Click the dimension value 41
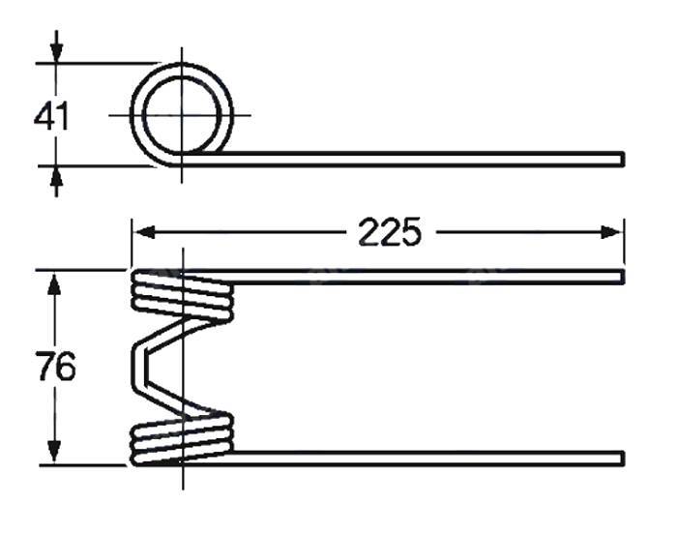pos(51,117)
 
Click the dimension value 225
pos(390,232)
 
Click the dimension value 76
pos(56,367)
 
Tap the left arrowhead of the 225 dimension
pos(145,232)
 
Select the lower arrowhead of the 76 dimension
pos(54,452)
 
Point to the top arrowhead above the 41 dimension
pos(56,52)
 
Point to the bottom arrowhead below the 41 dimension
pos(56,176)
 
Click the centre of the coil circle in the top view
pos(182,115)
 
